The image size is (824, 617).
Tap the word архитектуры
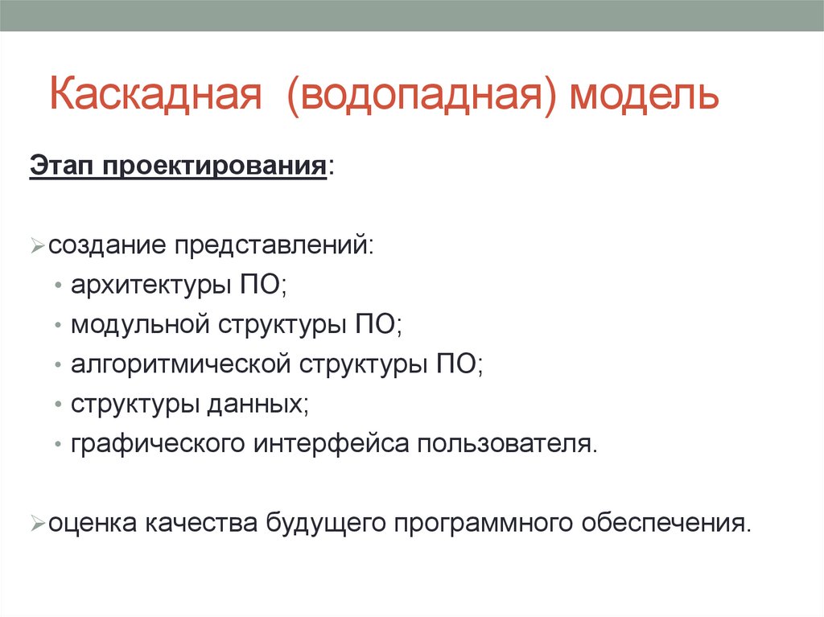[x=153, y=284]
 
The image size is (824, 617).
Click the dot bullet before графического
[x=61, y=444]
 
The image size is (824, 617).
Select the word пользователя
[x=507, y=443]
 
